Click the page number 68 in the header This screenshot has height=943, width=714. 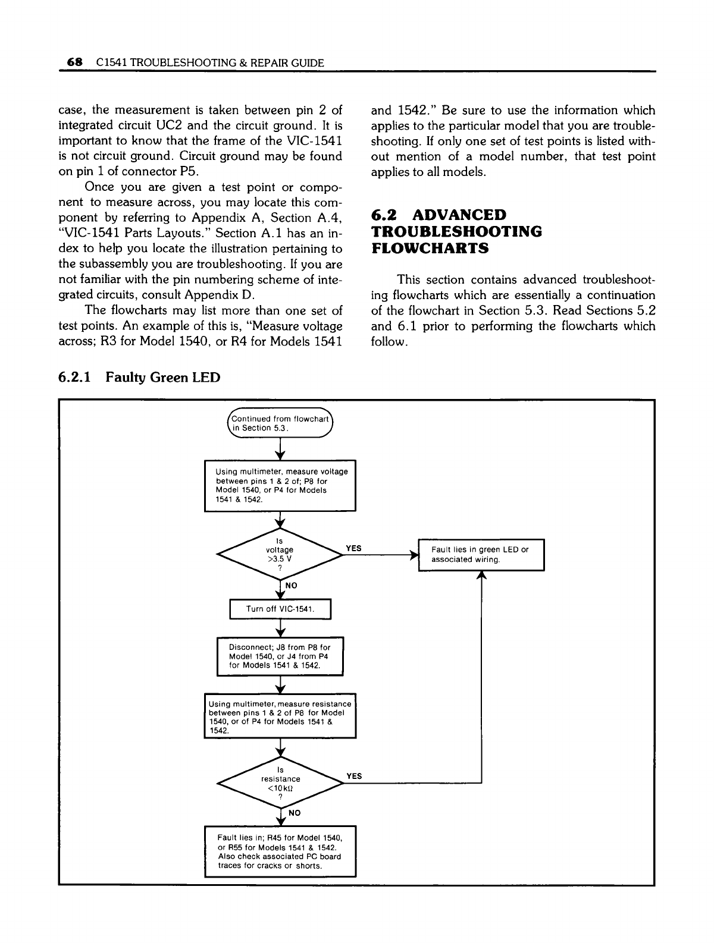(x=74, y=62)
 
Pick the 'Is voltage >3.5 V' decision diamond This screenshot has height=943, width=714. (x=280, y=554)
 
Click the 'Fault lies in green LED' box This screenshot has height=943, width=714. (x=481, y=555)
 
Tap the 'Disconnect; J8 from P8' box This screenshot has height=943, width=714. (x=280, y=656)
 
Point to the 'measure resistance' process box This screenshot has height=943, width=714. (x=280, y=716)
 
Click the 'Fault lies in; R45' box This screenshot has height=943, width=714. (x=280, y=851)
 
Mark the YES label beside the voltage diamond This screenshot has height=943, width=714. (x=354, y=548)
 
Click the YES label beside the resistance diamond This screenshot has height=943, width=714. (x=354, y=776)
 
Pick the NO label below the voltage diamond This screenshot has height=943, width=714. (x=292, y=586)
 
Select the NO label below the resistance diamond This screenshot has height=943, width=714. (x=295, y=812)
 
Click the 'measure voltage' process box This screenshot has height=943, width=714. (x=280, y=485)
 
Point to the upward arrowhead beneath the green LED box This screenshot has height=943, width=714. (x=481, y=576)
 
